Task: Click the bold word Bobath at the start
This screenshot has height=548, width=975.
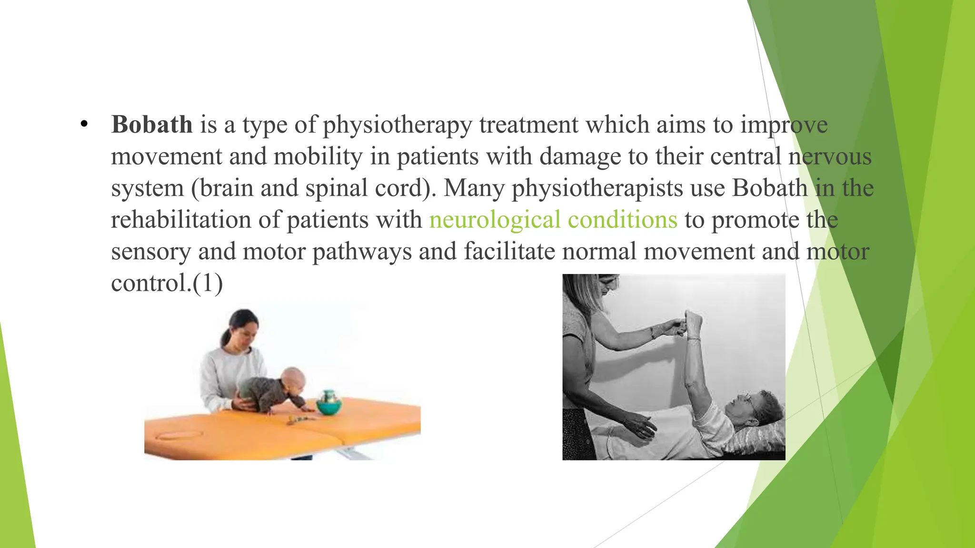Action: pos(151,125)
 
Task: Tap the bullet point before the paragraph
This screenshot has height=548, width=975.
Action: pos(84,125)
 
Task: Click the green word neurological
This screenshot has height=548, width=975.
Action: pos(495,220)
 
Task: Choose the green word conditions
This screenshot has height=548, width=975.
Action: pos(622,220)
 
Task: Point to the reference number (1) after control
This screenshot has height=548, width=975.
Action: pos(208,283)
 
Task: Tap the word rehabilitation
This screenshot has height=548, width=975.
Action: pos(181,220)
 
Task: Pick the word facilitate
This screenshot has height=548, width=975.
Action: pos(509,251)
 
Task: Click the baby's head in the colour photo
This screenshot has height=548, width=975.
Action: pos(293,380)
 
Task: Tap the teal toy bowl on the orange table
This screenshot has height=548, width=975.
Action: pos(329,406)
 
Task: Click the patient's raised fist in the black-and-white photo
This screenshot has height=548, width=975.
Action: pos(694,319)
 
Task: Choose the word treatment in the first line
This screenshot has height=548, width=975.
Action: pos(528,125)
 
